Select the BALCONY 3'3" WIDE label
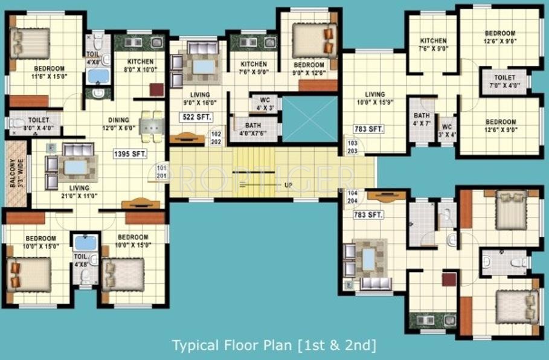(x=16, y=175)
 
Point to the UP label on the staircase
(x=289, y=185)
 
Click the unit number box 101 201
(x=161, y=171)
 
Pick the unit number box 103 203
(x=352, y=147)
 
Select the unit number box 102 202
(x=216, y=138)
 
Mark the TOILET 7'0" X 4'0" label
(x=504, y=82)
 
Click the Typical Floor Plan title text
(x=274, y=346)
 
